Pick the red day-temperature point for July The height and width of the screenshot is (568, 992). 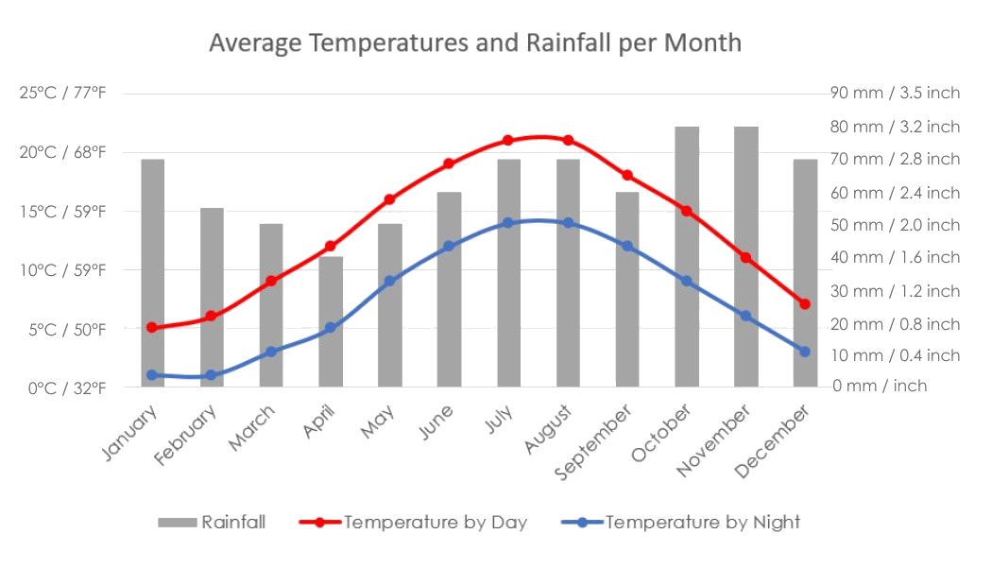pos(507,140)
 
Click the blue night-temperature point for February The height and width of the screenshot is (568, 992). pos(211,375)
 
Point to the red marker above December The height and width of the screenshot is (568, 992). pos(804,304)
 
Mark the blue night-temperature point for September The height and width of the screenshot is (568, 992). pos(627,246)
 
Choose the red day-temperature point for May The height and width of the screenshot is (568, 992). pos(389,199)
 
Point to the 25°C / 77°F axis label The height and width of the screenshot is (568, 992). pos(62,93)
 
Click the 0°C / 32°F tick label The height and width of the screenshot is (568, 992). pos(62,387)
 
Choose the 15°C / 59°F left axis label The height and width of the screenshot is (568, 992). pos(62,211)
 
